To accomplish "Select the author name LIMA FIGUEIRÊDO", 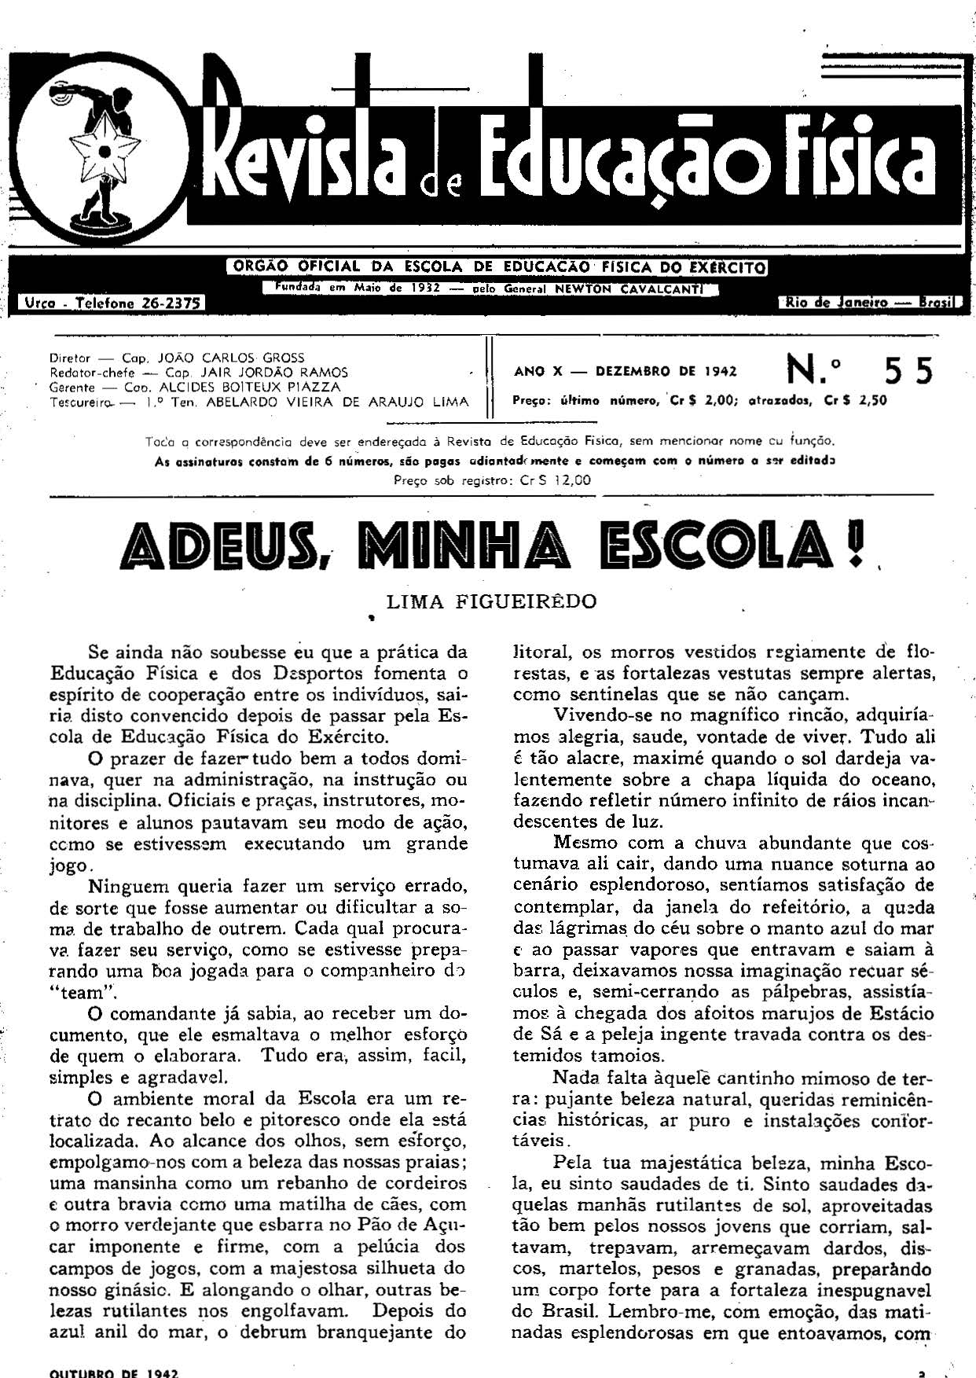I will [492, 602].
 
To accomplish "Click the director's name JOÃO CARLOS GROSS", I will [231, 358].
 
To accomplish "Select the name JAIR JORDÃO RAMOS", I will [274, 373].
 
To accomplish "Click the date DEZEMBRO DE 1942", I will [666, 372].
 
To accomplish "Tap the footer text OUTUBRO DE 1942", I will [115, 1372].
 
